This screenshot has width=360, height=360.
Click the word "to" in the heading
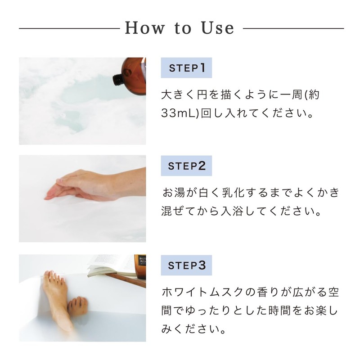click(x=183, y=28)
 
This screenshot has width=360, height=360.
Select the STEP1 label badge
click(x=186, y=68)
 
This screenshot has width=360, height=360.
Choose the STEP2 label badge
click(x=186, y=166)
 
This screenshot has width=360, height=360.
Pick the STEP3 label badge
click(x=186, y=265)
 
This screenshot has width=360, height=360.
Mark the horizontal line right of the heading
click(x=293, y=28)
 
